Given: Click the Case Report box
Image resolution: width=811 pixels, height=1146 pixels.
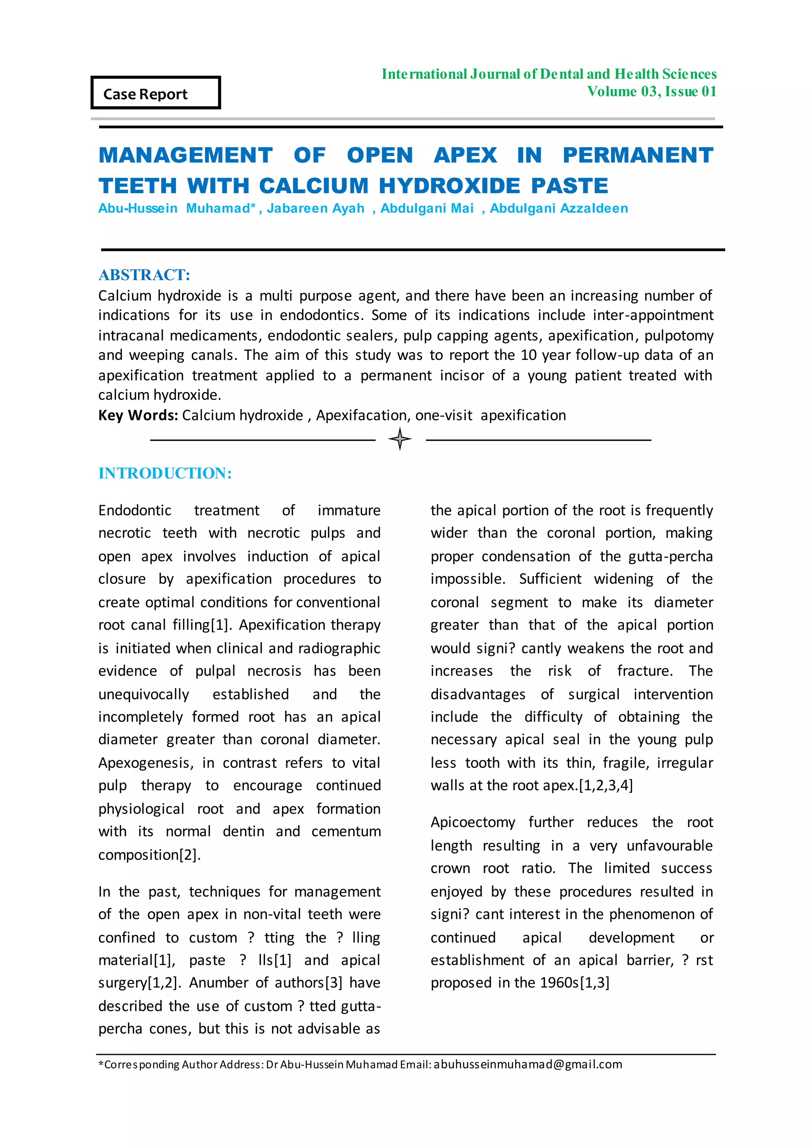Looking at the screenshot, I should tap(155, 93).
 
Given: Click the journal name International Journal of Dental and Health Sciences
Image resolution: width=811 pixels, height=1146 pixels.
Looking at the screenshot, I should tap(549, 74).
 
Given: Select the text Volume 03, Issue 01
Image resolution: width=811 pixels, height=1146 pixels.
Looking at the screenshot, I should tap(652, 91).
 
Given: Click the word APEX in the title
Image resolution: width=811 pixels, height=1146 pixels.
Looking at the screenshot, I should tap(465, 155).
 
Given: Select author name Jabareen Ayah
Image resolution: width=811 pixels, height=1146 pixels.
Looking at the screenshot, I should tap(315, 208).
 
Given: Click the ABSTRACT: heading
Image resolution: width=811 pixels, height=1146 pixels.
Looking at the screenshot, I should tap(144, 275).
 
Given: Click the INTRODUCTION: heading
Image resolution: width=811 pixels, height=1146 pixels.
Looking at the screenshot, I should tap(165, 473).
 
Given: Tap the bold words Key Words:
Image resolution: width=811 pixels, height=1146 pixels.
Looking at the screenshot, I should tap(138, 415).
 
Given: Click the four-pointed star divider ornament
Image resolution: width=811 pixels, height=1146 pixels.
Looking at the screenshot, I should tap(400, 439).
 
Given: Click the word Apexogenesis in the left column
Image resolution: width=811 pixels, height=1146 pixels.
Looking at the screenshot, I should tap(145, 763).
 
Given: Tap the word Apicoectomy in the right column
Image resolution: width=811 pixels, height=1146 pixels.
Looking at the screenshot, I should tap(472, 822).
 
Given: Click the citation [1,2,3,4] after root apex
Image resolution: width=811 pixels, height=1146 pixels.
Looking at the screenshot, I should tap(606, 786).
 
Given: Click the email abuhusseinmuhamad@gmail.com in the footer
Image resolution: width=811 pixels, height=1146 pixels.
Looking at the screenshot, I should tap(528, 1064).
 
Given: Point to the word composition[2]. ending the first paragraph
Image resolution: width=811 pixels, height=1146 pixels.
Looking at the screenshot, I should tap(149, 855).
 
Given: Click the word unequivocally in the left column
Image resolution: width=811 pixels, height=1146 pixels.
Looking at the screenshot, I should tap(143, 694).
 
